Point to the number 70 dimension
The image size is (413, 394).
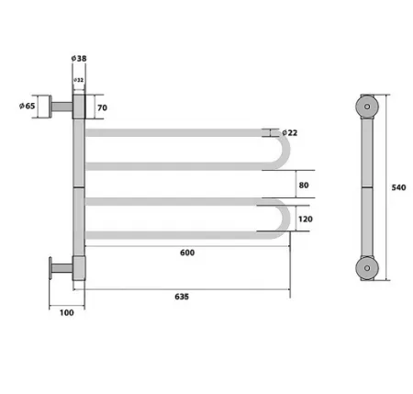(102, 107)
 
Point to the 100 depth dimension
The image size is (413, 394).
(67, 313)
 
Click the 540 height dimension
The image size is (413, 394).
(397, 187)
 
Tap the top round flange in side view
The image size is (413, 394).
(368, 107)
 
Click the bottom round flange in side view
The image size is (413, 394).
(368, 268)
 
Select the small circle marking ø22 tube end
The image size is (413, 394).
(274, 133)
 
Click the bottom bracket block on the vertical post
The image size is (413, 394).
(78, 268)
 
